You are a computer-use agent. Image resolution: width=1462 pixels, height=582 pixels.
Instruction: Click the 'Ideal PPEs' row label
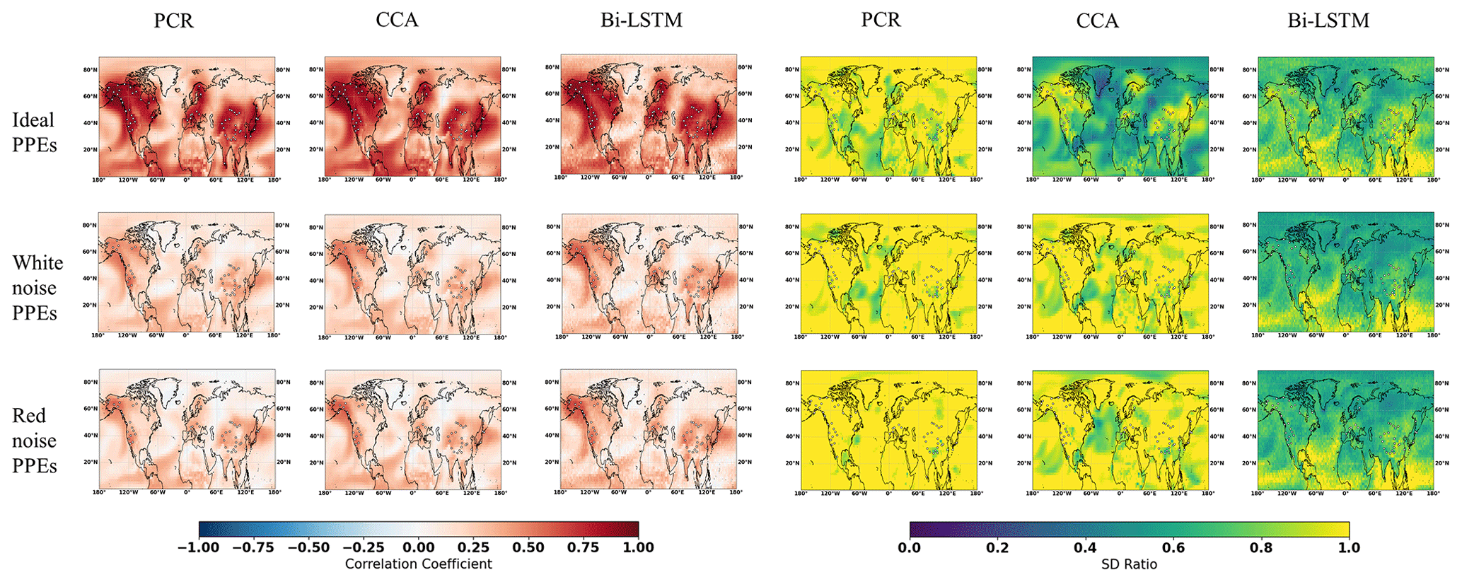(33, 132)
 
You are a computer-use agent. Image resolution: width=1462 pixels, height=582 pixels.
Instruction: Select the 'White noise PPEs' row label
(37, 288)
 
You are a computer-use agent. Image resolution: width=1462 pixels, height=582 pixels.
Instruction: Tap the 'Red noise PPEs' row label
(34, 441)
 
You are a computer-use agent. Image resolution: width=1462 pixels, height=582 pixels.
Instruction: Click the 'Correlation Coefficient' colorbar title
(418, 564)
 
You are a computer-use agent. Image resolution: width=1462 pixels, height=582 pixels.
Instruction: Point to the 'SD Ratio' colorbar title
(1129, 564)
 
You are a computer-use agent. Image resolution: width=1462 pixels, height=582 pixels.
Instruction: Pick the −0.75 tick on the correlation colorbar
(253, 547)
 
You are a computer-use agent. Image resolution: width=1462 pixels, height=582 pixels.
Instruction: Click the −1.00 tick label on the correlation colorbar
(199, 547)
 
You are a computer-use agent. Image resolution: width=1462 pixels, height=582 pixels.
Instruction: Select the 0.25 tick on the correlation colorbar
(473, 547)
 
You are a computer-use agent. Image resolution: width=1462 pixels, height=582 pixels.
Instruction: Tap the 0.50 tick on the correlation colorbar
(528, 547)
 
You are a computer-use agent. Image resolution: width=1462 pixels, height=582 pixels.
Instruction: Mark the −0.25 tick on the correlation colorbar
(364, 547)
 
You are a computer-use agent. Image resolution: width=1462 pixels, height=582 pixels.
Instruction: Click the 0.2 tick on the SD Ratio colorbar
(997, 547)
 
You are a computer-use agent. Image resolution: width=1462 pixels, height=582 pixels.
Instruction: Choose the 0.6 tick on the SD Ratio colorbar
(1173, 547)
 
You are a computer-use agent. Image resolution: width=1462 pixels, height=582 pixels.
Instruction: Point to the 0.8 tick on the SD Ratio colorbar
(1261, 547)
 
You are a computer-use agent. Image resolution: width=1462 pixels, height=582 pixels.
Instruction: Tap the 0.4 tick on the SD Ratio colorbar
(1085, 547)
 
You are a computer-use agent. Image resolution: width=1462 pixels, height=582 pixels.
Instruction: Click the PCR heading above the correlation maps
(173, 21)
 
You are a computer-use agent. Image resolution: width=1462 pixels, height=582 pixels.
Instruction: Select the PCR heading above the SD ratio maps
(881, 20)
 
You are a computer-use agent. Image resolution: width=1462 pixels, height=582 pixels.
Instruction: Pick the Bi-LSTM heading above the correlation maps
(642, 20)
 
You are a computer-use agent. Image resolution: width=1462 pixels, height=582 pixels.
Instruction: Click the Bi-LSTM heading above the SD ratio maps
(1328, 20)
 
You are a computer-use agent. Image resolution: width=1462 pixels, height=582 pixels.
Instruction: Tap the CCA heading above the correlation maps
(397, 20)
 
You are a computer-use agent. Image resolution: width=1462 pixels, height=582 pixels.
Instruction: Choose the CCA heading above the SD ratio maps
(1097, 21)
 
